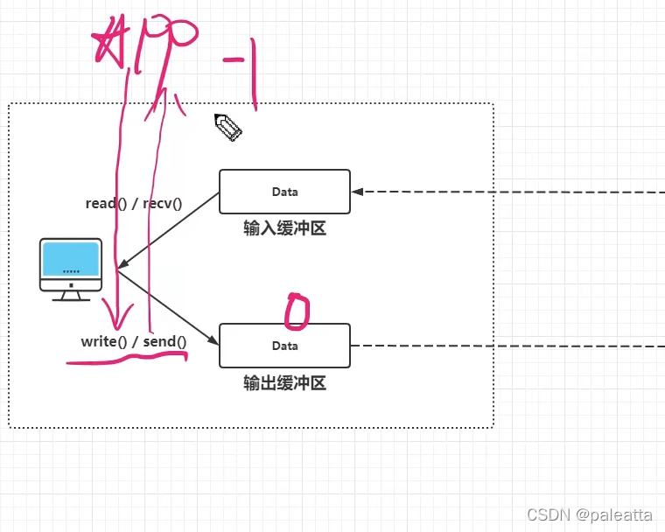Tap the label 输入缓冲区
click(x=284, y=229)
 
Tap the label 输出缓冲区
click(x=284, y=383)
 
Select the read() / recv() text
click(x=133, y=204)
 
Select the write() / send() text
click(x=134, y=341)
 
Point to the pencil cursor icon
click(x=227, y=128)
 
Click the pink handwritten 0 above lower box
click(x=297, y=312)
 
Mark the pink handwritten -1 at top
click(x=245, y=70)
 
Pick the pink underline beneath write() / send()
click(x=128, y=360)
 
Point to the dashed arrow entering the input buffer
click(x=507, y=192)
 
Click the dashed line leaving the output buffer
click(x=507, y=346)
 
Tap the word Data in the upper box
click(x=284, y=192)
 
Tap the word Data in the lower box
click(x=284, y=346)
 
